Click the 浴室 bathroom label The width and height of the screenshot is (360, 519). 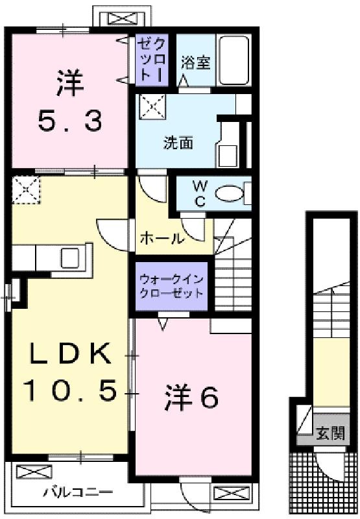195,62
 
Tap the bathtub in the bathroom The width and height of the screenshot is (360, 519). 234,60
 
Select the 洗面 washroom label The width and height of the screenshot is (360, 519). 178,143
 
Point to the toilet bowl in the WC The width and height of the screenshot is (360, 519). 229,193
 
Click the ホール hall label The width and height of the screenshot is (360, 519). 162,238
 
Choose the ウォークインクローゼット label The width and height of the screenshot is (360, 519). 171,287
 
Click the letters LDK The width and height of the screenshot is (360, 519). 70,354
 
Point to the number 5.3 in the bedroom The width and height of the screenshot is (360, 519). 70,121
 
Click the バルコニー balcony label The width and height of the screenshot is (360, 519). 78,492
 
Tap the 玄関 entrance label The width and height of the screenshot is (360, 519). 331,433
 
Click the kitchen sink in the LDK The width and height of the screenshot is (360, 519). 69,258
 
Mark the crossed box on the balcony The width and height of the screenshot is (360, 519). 34,472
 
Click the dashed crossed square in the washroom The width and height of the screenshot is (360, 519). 152,107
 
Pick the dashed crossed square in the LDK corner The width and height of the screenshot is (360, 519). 26,190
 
